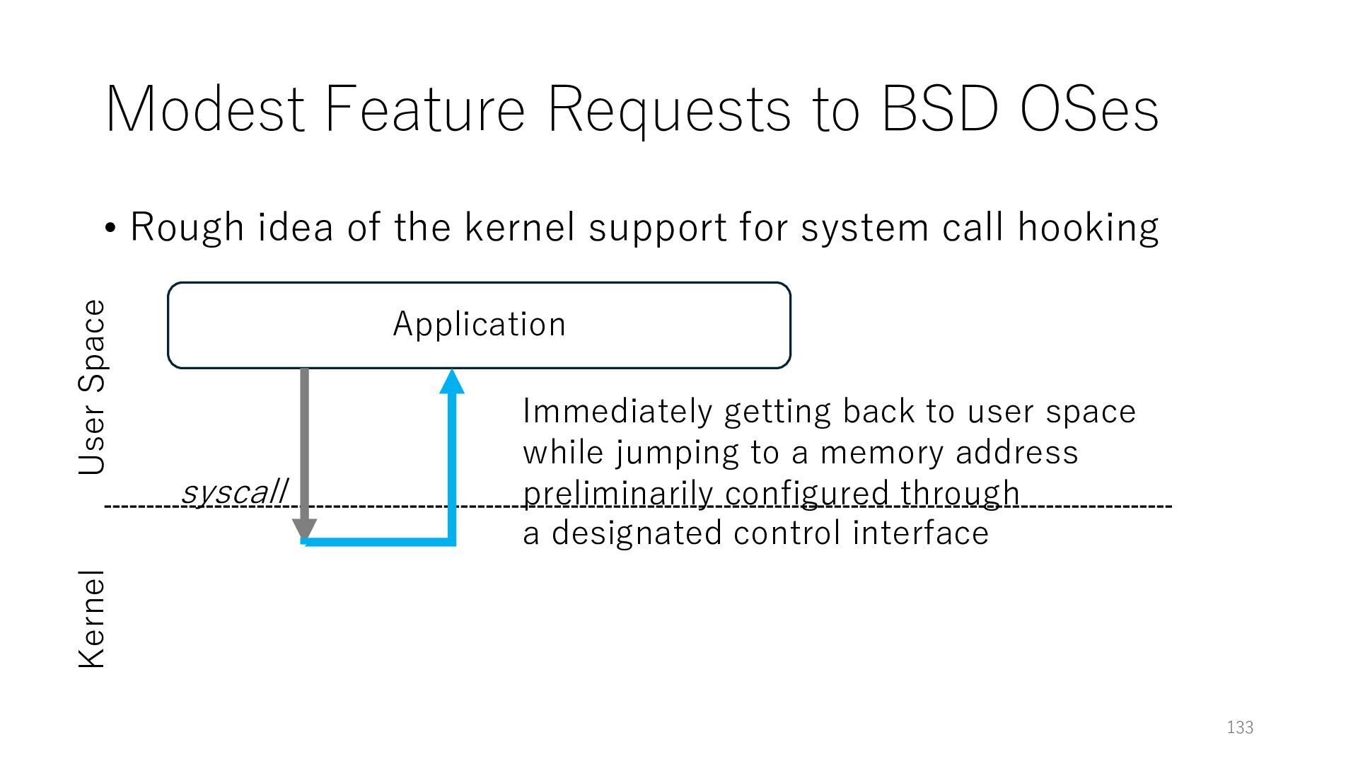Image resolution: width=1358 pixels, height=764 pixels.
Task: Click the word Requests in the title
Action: click(x=669, y=110)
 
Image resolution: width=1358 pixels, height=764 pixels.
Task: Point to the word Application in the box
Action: click(x=480, y=324)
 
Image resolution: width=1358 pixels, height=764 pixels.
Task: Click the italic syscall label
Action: click(x=234, y=491)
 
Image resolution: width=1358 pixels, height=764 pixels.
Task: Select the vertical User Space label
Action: click(x=92, y=387)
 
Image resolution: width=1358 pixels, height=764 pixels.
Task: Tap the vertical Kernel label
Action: click(x=92, y=618)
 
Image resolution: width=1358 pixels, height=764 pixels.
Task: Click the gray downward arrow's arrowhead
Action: click(x=304, y=530)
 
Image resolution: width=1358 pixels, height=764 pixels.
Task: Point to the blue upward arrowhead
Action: click(x=452, y=382)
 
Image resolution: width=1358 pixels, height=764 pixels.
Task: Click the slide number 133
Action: click(x=1240, y=727)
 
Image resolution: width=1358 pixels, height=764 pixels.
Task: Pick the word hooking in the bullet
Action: click(x=1088, y=228)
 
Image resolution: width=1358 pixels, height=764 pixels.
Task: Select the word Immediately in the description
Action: click(x=617, y=412)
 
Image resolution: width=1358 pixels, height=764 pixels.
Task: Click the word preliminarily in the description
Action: click(x=617, y=493)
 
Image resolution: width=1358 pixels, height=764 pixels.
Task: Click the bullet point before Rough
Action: click(x=110, y=228)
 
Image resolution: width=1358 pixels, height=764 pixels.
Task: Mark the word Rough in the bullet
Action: click(x=187, y=228)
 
